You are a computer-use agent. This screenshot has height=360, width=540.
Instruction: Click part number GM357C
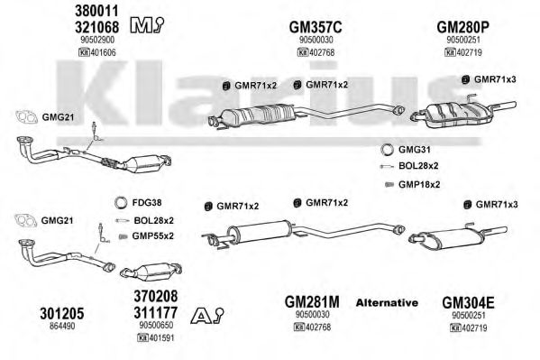316,27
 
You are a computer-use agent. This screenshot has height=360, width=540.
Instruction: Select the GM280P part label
462,27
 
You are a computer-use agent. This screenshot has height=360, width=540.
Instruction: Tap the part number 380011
96,11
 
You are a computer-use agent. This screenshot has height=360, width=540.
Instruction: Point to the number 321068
96,27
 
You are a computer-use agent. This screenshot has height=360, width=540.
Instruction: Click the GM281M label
312,302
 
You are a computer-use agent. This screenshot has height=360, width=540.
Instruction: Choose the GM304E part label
468,303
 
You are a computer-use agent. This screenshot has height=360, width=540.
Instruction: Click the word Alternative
387,303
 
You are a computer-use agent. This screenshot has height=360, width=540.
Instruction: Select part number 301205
61,313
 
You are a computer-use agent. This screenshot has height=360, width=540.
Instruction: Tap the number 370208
156,296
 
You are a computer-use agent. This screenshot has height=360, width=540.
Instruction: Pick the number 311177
156,312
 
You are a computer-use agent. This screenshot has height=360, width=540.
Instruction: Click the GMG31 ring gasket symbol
387,150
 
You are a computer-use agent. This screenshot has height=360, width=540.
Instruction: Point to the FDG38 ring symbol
121,203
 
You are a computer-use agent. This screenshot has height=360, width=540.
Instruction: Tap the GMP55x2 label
153,236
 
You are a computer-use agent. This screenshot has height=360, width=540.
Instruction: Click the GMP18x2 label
419,184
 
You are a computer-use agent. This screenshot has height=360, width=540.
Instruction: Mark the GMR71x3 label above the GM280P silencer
495,79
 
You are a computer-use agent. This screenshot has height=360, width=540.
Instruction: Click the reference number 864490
62,326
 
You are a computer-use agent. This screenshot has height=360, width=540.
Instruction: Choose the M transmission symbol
147,25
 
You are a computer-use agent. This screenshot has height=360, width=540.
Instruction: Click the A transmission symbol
207,316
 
